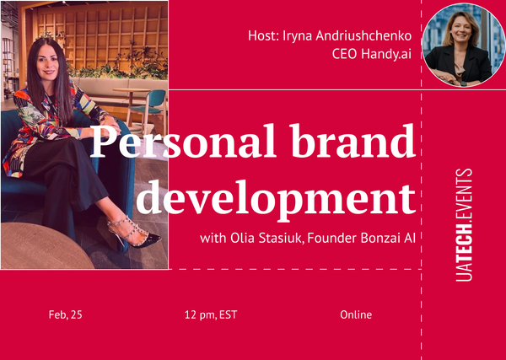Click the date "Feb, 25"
pos(66,315)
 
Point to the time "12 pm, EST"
pos(211,315)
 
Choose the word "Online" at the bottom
pos(356,315)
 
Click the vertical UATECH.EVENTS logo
pos(462,224)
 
